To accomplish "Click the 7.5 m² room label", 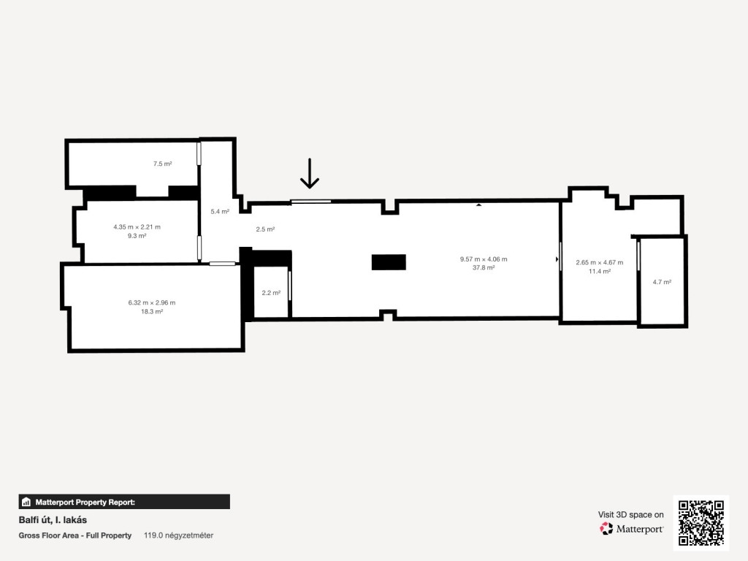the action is coord(162,164).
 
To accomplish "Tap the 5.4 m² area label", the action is coord(220,211).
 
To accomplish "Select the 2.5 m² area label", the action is coord(265,229).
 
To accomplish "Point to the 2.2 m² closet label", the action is coord(271,292).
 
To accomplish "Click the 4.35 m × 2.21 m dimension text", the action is coord(137,227).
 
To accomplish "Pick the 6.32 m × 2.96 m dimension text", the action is coord(152,302).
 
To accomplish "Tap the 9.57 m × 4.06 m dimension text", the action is coord(484,259).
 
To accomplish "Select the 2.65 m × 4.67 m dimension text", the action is coord(600,262).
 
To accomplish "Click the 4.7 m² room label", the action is coord(662,282).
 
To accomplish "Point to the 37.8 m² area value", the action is coord(484,267).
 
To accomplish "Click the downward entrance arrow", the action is coord(310,174).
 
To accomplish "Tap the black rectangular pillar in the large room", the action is coord(389,262).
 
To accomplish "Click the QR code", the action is coord(701,523).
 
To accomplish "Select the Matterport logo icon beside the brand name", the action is coord(606,528).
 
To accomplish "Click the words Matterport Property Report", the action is coord(85,502).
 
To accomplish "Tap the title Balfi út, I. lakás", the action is coord(53,519).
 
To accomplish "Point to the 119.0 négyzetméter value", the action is coord(178,535).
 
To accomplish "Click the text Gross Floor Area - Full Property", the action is coord(75,535).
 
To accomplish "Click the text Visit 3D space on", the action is coord(630,514).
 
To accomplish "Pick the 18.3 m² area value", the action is coord(152,311).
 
